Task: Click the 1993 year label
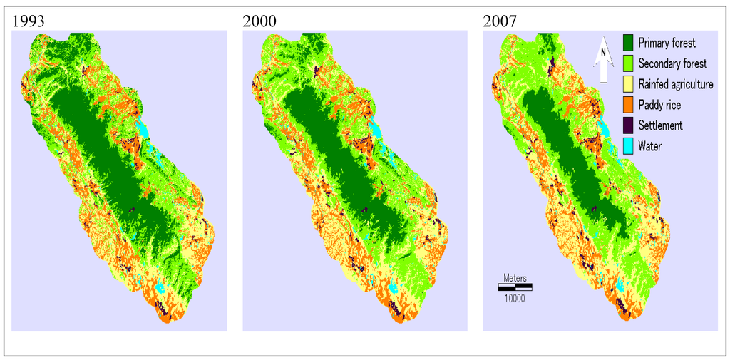tap(29, 21)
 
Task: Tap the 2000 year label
tap(259, 21)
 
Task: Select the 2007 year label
tap(500, 21)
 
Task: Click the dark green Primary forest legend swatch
tap(628, 43)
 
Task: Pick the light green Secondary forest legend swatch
tap(628, 63)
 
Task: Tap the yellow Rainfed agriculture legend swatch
tap(628, 84)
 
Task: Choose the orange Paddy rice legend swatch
tap(628, 105)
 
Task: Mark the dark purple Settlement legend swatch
tap(628, 125)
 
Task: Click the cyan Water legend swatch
tap(628, 146)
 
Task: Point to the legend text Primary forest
tap(667, 43)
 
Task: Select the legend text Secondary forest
tap(673, 63)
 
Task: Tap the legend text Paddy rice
tap(659, 105)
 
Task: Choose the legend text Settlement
tap(661, 125)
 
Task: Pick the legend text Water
tap(650, 146)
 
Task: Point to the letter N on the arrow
tap(602, 52)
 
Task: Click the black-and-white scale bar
tap(514, 287)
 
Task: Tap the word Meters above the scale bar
tap(515, 277)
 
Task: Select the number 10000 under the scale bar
tap(515, 299)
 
